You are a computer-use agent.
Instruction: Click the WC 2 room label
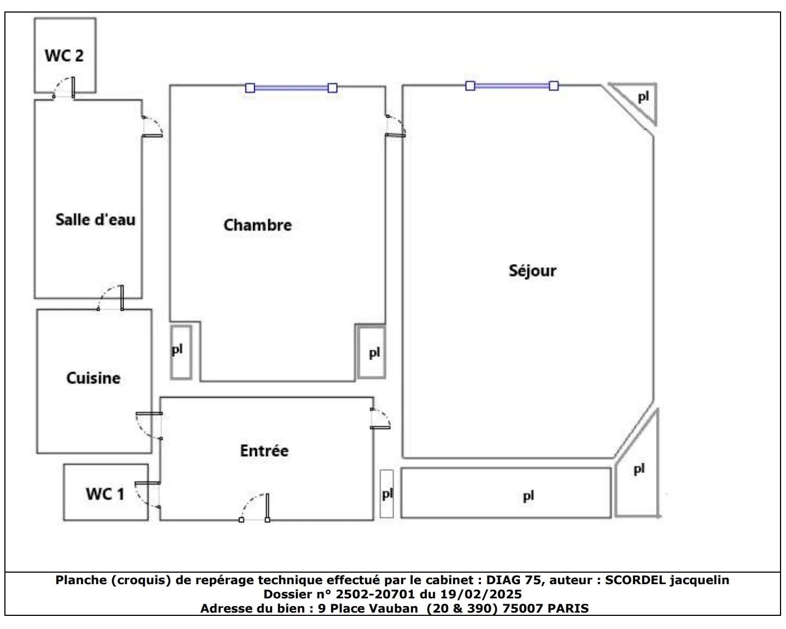click(x=64, y=56)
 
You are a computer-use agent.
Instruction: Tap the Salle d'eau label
click(x=95, y=219)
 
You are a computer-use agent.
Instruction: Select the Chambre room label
click(x=257, y=225)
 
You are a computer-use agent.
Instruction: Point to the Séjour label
click(x=532, y=271)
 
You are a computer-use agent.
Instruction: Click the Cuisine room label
click(x=93, y=378)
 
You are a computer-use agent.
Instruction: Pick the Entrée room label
click(x=264, y=450)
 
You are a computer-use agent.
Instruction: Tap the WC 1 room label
click(x=105, y=494)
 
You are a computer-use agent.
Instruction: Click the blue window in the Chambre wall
click(x=291, y=88)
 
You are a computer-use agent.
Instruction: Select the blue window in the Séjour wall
click(x=512, y=86)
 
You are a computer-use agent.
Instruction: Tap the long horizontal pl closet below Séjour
click(x=506, y=493)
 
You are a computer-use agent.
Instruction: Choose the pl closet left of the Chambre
click(x=181, y=352)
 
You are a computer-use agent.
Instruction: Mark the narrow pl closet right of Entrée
click(x=386, y=493)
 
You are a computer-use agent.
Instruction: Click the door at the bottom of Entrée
click(x=255, y=507)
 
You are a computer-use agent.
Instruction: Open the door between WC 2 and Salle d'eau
click(x=64, y=88)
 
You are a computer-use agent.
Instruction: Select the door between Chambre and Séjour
click(x=396, y=126)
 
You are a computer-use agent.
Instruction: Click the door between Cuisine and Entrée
click(x=149, y=426)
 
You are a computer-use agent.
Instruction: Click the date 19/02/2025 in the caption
click(x=481, y=595)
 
